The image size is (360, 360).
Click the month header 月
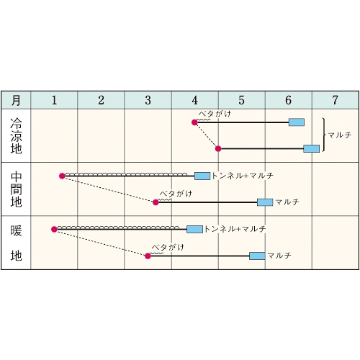(16, 100)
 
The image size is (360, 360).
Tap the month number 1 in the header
(55, 100)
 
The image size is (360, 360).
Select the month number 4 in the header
(195, 100)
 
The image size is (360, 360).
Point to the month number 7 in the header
(336, 100)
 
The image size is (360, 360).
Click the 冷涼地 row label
(16, 136)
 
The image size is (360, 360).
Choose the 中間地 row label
(16, 189)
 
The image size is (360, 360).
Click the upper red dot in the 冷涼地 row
(194, 122)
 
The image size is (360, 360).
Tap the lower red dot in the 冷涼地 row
(218, 149)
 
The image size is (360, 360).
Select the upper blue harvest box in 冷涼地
(297, 122)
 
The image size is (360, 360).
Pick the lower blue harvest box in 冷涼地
(311, 148)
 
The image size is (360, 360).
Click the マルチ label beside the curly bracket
(340, 135)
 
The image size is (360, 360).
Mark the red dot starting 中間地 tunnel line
(62, 176)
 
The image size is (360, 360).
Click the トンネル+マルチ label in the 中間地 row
(243, 176)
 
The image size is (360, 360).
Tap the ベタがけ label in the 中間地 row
(176, 194)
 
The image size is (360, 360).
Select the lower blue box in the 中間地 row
(265, 202)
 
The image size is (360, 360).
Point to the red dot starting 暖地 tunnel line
(54, 229)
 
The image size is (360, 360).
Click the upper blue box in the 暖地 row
(194, 229)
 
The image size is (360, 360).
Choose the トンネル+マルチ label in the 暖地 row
(235, 229)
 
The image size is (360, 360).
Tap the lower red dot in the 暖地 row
(148, 256)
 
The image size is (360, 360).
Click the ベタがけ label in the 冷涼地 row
(215, 114)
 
